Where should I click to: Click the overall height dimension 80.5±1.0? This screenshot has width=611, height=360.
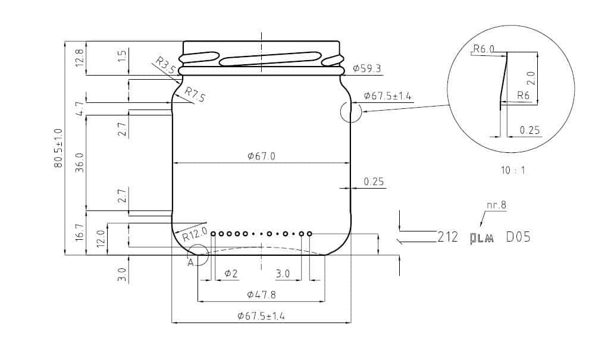tap(58, 148)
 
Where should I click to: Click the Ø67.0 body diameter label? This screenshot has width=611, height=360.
tap(261, 156)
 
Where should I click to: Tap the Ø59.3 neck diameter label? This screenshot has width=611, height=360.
tap(367, 69)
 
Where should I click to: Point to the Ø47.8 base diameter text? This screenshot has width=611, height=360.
tap(261, 295)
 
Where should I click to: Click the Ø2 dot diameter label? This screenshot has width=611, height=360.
tap(231, 274)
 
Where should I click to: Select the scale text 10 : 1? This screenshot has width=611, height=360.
tap(513, 170)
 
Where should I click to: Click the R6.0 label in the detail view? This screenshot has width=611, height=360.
tap(483, 49)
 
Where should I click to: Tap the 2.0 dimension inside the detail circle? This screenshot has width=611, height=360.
tap(531, 78)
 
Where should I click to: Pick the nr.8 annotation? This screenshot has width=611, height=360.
tap(496, 206)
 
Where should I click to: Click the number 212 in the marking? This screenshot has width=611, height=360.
tap(447, 237)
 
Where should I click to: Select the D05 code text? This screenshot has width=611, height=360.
tap(518, 237)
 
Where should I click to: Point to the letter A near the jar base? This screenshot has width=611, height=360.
tap(191, 262)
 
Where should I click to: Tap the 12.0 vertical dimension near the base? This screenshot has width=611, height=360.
tap(101, 238)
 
